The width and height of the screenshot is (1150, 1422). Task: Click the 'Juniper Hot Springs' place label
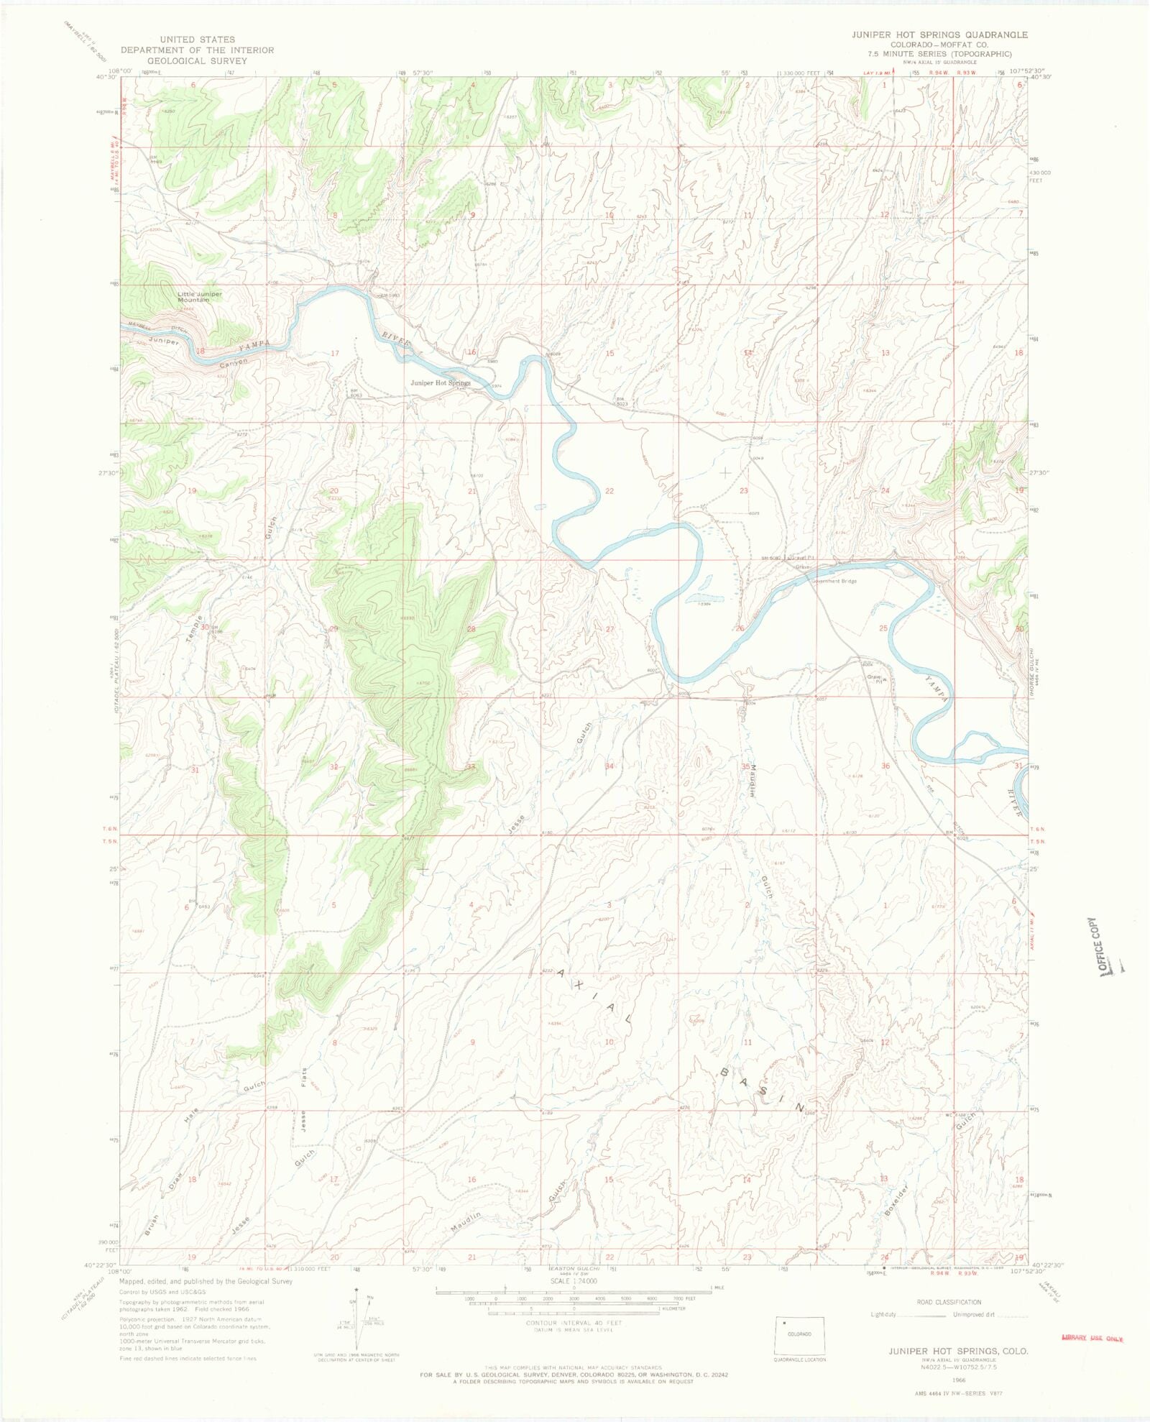[x=440, y=383]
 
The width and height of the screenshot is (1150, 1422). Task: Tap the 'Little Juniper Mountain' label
[x=200, y=296]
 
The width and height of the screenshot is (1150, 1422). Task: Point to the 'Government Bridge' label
[x=834, y=581]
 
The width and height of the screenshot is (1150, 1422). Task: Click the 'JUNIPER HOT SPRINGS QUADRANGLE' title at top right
[x=939, y=35]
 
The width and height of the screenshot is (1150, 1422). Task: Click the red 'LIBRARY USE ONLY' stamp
[x=1092, y=1338]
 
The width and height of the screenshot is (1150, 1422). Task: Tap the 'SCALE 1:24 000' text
[x=572, y=1281]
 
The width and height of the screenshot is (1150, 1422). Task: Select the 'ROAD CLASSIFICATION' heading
[x=949, y=1302]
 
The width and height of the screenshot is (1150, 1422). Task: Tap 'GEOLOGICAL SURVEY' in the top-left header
[x=197, y=61]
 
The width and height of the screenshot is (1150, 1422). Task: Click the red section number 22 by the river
[x=609, y=491]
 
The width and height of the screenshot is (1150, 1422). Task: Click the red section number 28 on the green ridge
[x=471, y=629]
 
